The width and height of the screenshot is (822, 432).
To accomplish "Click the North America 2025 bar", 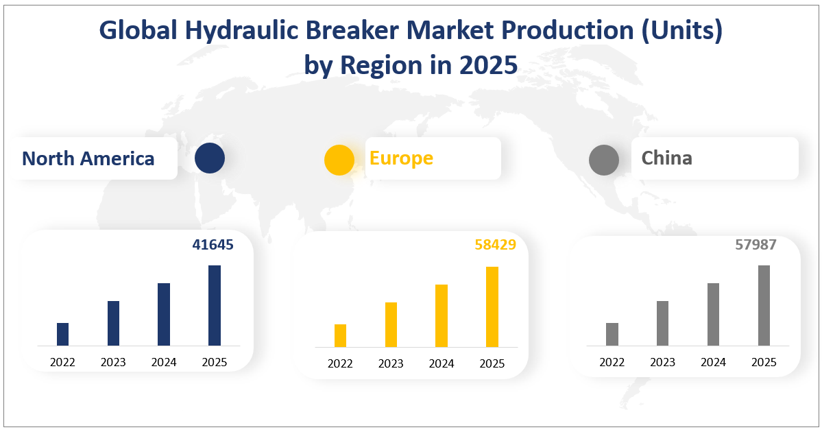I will tap(215, 305).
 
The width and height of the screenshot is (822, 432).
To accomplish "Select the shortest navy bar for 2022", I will tap(62, 334).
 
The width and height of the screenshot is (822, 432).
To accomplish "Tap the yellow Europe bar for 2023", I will tap(391, 324).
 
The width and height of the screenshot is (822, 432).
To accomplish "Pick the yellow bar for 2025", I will tap(492, 307).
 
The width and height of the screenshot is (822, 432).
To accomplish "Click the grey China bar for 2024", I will tap(713, 314).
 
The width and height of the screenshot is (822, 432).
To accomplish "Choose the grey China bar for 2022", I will tap(612, 334).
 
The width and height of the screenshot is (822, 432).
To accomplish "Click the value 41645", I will tap(213, 244).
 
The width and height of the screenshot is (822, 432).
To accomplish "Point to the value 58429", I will tap(495, 244).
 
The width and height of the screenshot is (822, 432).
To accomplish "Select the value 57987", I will tap(756, 244).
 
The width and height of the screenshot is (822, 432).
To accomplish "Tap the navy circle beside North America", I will tap(209, 158).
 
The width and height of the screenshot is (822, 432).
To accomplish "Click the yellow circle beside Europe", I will tap(339, 160).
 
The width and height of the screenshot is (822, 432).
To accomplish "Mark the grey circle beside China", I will tap(604, 160).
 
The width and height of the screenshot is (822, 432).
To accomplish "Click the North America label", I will tap(88, 159).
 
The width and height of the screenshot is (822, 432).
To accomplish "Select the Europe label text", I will tap(401, 158).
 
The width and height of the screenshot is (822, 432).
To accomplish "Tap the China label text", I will tap(666, 158).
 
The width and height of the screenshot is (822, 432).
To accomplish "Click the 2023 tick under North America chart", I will tap(113, 362).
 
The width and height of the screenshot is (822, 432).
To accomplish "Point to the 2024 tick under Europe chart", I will tap(442, 363).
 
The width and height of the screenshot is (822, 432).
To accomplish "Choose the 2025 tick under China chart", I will tap(764, 362).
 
